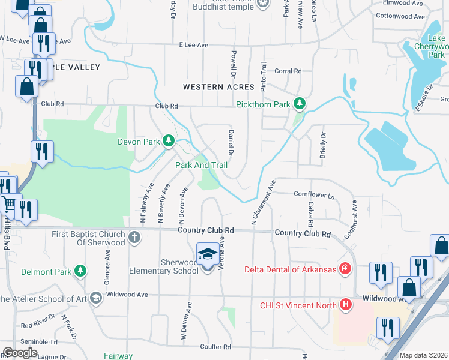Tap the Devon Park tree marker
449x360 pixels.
point(169,142)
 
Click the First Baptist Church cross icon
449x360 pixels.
point(134,237)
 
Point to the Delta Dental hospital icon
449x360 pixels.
point(345,268)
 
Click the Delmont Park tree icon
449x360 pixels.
point(80,272)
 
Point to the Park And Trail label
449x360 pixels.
point(201,164)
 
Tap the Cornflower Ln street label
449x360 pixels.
point(313,194)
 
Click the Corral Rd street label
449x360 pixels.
point(289,71)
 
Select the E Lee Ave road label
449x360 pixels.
point(193,45)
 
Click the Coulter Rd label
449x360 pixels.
point(215,347)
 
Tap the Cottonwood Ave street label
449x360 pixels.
point(402,16)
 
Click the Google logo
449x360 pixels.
point(20,353)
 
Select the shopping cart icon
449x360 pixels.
point(9,205)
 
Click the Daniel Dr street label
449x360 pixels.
point(230,139)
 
